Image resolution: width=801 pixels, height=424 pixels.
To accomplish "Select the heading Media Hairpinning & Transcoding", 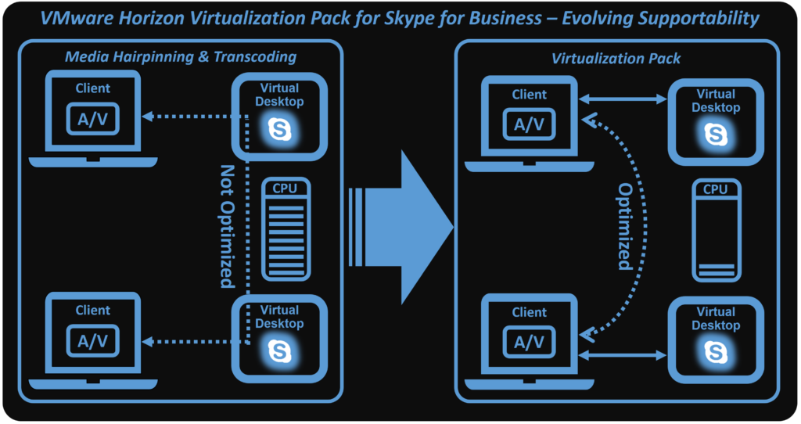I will tap(181, 56).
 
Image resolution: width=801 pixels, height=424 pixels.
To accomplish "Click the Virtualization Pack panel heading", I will tap(616, 58).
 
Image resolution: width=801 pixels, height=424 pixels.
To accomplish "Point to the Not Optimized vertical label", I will tap(227, 226).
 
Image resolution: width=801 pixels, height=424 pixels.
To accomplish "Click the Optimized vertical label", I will tap(624, 227).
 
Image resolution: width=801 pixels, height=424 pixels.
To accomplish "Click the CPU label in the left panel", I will tap(285, 188).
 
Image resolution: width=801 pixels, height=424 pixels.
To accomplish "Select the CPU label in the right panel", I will tap(715, 189).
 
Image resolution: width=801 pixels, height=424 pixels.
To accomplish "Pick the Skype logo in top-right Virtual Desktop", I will tap(715, 134).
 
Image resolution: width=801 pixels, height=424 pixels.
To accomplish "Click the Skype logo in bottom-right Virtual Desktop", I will tap(715, 353).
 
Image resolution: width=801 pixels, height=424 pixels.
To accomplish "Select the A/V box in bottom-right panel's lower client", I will tap(529, 342).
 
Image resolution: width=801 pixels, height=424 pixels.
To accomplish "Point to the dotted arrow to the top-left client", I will tap(192, 117).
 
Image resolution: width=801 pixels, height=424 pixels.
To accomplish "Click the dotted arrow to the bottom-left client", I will tap(192, 340).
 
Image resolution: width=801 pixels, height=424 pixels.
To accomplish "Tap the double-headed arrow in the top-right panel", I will tap(622, 99).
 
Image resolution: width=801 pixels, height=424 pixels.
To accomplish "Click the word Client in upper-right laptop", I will tap(529, 95).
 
